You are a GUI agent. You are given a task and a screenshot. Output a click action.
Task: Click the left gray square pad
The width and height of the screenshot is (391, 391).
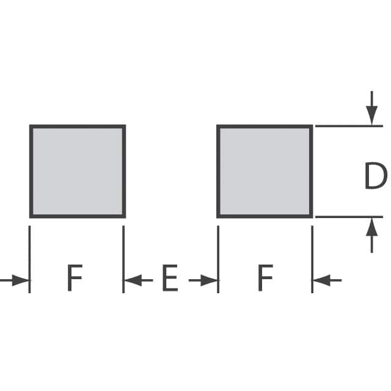tap(78, 171)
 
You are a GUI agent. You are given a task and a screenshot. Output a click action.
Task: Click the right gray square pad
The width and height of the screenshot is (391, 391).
tap(265, 171)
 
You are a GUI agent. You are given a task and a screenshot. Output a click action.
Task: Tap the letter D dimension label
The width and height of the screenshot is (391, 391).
tap(375, 177)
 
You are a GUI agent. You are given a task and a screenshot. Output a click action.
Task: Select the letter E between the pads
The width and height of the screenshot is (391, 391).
tap(169, 279)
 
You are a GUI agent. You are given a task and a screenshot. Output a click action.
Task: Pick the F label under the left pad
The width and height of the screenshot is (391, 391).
tap(74, 279)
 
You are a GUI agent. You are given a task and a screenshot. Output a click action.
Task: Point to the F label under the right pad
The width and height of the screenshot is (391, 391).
tap(265, 279)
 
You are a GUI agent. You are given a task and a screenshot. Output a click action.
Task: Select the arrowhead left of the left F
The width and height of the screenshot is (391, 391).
tap(22, 280)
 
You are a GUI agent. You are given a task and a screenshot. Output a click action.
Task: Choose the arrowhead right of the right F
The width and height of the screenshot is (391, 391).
tap(320, 280)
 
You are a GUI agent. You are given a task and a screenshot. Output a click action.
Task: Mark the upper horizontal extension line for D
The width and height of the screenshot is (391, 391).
tap(348, 126)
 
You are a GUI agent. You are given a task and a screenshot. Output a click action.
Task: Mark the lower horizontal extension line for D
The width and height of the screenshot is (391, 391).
tap(348, 216)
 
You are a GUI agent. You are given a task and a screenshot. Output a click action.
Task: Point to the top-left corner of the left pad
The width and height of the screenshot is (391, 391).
tap(31, 126)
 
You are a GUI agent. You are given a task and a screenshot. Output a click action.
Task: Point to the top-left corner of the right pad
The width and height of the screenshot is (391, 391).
tap(218, 126)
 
